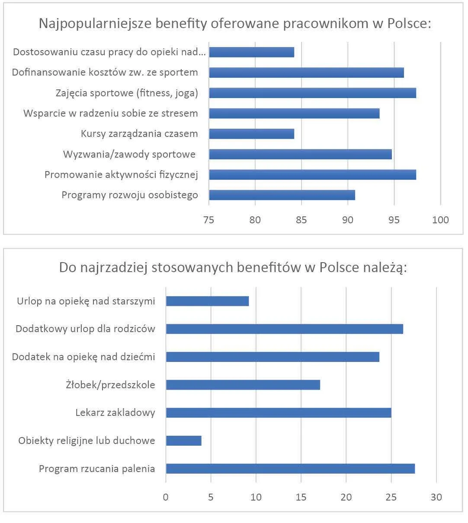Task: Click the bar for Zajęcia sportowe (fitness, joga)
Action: point(312,93)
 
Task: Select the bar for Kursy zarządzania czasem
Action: point(251,134)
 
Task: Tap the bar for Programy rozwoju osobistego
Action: point(282,195)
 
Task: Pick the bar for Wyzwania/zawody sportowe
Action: point(300,154)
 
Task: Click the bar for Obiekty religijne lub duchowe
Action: point(183,441)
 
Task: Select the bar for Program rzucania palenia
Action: point(290,469)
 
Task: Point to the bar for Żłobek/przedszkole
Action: point(243,385)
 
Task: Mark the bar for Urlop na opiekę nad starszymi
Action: point(207,301)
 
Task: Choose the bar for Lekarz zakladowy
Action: point(279,412)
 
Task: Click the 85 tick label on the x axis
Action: point(301,220)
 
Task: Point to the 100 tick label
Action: point(440,220)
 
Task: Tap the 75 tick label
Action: point(209,220)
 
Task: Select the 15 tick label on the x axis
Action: point(301,497)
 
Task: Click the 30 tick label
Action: point(436,497)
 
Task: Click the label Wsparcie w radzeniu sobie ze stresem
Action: point(110,114)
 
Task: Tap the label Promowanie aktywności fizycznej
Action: point(121,175)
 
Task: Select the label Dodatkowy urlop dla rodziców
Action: point(85,329)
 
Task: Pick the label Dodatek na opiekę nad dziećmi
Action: point(83,357)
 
